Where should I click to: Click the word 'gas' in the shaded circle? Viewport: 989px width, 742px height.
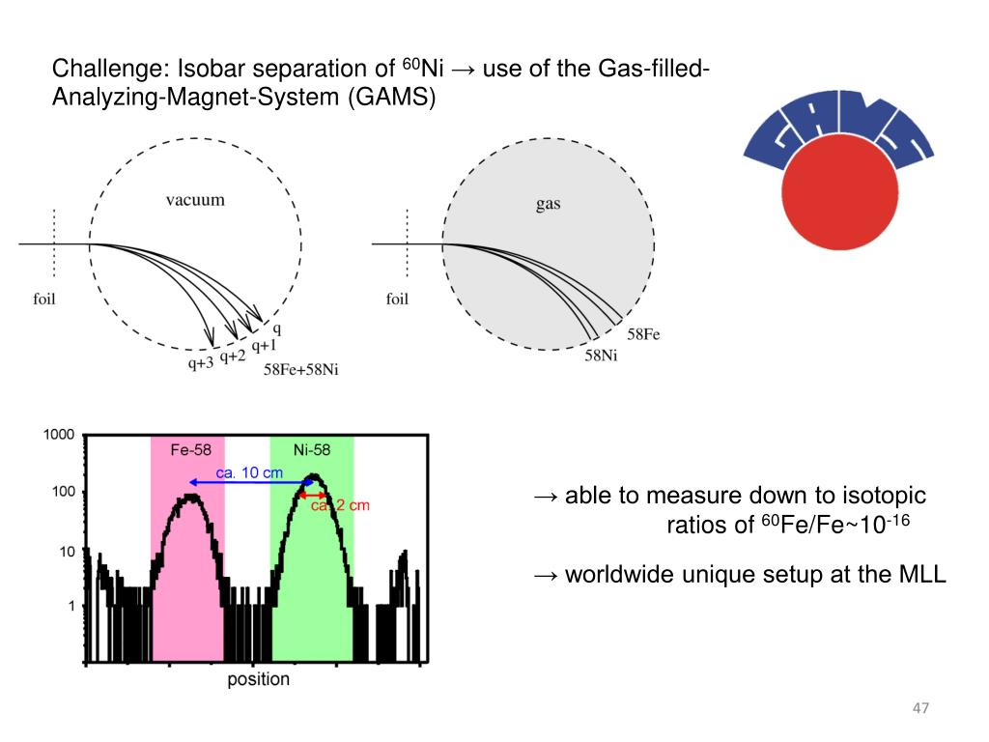[x=548, y=204]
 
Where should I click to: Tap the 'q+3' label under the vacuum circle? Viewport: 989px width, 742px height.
[x=201, y=364]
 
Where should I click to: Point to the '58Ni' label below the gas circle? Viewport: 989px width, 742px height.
[x=602, y=356]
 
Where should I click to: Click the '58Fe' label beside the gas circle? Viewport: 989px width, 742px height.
[x=644, y=334]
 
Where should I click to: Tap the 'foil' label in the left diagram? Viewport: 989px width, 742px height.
[x=44, y=299]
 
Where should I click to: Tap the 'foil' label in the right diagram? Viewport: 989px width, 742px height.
[x=397, y=299]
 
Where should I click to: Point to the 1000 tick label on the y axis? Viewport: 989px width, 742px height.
[x=58, y=436]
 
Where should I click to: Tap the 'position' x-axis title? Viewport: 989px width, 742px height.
[x=258, y=679]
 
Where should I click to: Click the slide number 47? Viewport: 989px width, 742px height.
[x=920, y=710]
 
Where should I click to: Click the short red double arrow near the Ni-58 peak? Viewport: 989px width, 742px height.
[x=316, y=494]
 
